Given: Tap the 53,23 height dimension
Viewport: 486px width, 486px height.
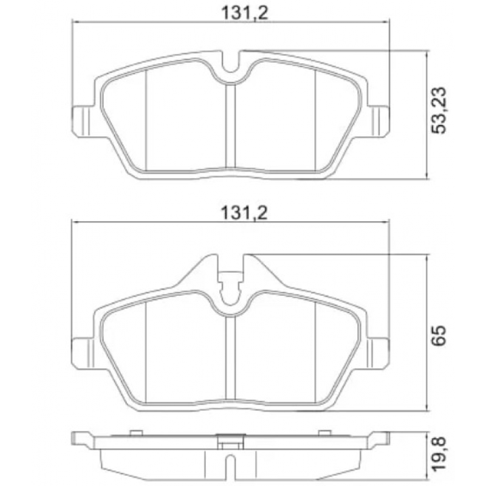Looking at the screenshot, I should point(439,109).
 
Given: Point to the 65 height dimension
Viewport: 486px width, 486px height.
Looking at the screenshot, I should point(439,334).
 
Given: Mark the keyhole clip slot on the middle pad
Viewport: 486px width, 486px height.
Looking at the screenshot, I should point(230,289).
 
